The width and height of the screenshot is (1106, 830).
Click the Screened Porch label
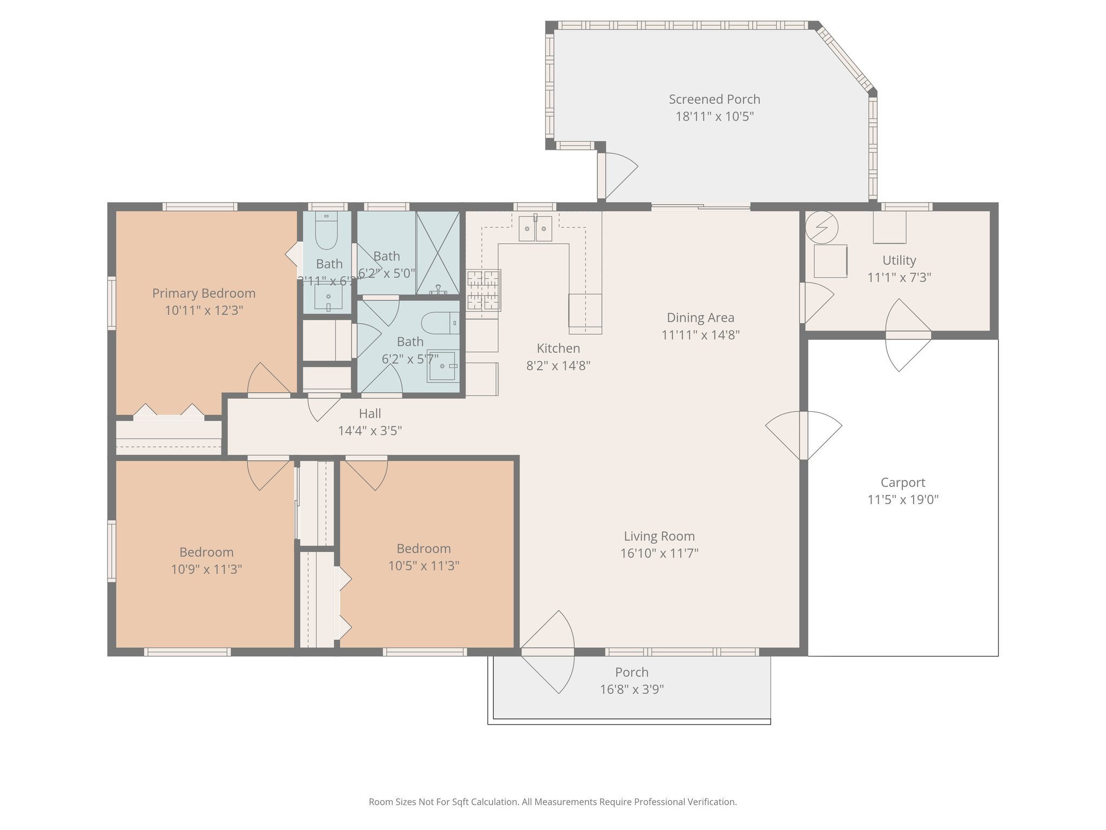click(714, 99)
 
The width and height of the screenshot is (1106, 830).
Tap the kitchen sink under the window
click(535, 229)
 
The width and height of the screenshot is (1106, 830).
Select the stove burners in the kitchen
click(483, 290)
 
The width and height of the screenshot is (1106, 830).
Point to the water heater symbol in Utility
click(821, 227)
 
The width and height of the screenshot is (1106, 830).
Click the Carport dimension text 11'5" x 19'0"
click(902, 499)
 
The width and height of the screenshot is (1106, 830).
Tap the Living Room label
click(659, 536)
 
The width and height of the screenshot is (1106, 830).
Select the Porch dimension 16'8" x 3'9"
click(631, 690)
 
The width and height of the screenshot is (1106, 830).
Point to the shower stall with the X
click(438, 252)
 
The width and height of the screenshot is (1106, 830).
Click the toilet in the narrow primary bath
click(326, 231)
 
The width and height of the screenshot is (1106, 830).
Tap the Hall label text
click(370, 414)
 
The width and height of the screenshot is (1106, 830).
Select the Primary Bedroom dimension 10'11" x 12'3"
click(204, 310)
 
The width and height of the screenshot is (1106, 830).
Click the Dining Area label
click(700, 318)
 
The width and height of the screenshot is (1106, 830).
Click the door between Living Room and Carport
click(804, 435)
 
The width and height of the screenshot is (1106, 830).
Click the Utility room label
click(899, 260)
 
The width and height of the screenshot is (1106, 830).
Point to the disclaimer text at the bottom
click(552, 802)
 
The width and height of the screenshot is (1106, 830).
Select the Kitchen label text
click(558, 349)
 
